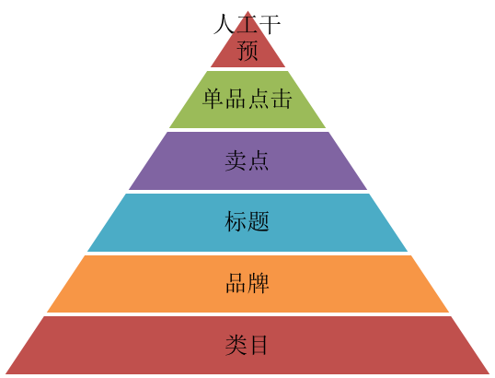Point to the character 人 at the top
point(224,24)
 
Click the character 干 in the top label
point(270,24)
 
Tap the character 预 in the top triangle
point(247,50)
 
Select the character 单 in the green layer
point(213,99)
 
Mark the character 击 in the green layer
point(282,99)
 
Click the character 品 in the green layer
point(236,99)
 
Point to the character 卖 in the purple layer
point(236,160)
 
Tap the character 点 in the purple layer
point(258,160)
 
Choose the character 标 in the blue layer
point(236,221)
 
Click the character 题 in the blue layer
point(259,221)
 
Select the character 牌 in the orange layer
point(259,283)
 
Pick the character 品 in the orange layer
point(236,283)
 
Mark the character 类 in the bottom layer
point(236,345)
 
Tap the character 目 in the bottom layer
point(259,345)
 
